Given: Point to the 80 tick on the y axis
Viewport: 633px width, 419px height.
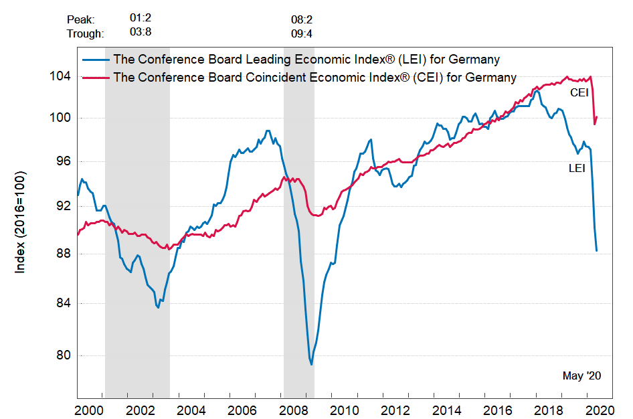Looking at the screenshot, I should (x=63, y=355).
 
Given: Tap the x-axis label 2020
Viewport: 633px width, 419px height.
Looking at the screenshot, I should (x=596, y=409).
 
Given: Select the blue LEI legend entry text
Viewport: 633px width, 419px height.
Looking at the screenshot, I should (x=306, y=60).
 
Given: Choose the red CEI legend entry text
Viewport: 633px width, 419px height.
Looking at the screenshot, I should (x=314, y=77).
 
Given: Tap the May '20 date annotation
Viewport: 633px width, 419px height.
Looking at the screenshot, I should (x=581, y=376).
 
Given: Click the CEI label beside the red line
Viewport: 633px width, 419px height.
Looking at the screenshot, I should (x=579, y=92).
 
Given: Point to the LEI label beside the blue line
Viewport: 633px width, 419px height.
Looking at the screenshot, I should (x=577, y=169).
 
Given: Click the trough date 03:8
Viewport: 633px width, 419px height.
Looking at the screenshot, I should (x=141, y=33).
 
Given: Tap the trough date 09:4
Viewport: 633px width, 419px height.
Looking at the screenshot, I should (x=301, y=33).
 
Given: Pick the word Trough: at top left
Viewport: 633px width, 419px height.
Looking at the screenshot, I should (x=86, y=33).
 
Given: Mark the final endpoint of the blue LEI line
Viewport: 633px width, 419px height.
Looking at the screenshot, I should (x=596, y=251).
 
